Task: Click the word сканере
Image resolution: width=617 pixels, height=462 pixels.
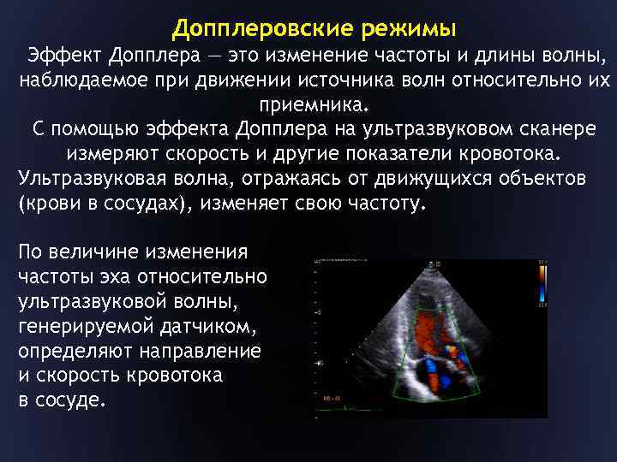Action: click(x=555, y=131)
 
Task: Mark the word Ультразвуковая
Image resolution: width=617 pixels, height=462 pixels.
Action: click(x=88, y=181)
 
